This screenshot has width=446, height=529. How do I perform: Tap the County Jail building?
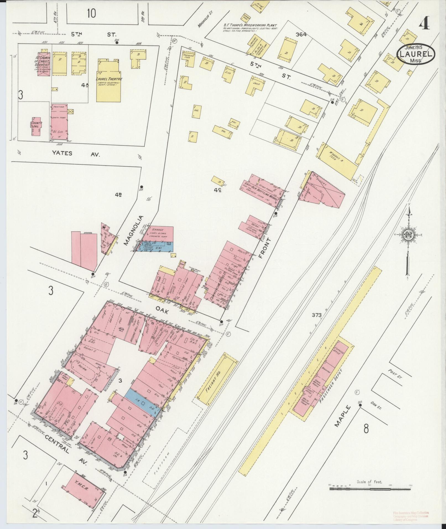click(36, 125)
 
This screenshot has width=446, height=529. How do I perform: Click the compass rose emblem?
click(409, 235)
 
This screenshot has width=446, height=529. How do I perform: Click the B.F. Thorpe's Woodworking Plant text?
click(250, 25)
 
